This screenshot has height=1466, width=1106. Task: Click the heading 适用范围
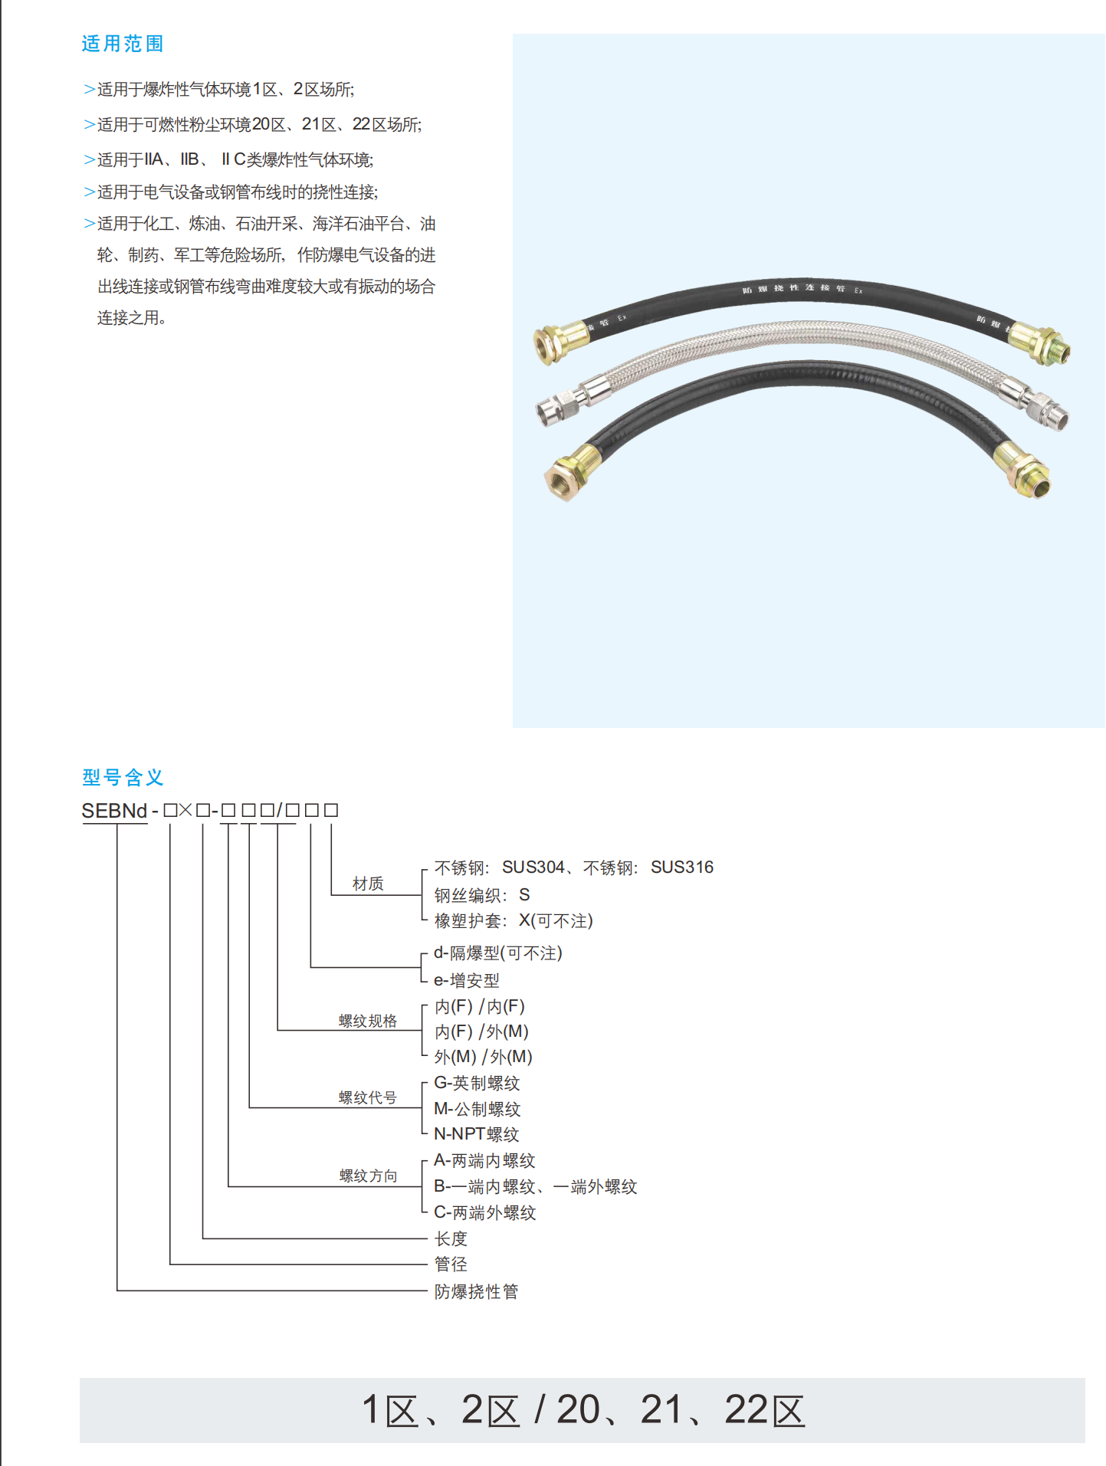123,44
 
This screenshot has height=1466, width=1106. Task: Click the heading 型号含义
123,777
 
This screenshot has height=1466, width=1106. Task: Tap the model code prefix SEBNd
114,811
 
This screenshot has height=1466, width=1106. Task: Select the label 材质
368,884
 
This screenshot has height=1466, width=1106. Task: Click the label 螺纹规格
368,1021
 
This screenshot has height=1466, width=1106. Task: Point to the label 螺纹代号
368,1097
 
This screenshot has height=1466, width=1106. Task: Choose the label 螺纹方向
368,1176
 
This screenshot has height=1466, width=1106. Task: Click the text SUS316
681,867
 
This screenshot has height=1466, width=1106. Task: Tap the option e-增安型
466,980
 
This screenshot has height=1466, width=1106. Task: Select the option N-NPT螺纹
476,1134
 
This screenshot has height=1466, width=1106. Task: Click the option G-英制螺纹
477,1083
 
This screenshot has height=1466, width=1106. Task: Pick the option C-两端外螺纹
484,1212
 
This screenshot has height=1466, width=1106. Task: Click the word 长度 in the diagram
451,1238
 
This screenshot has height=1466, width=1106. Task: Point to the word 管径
451,1264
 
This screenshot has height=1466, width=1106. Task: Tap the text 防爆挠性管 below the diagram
476,1291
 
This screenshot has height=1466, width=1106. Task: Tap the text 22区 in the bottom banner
764,1410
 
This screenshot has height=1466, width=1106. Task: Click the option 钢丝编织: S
481,895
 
